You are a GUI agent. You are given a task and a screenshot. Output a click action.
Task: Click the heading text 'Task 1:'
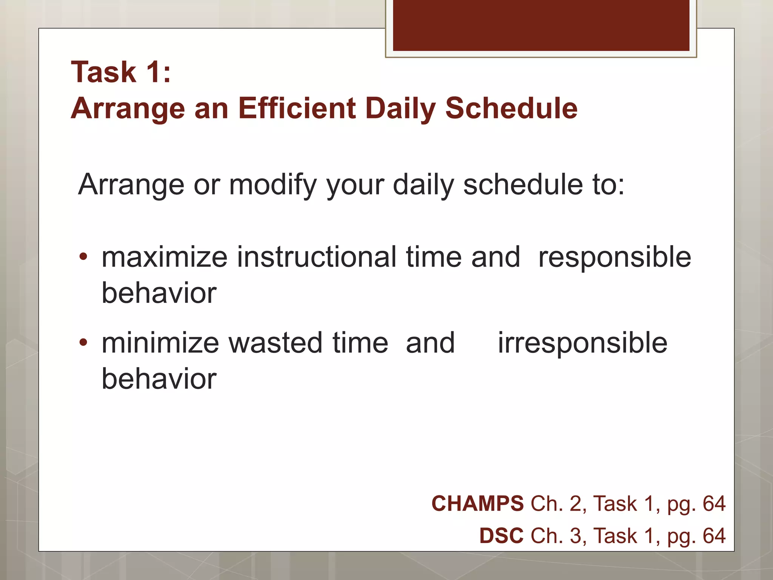click(121, 72)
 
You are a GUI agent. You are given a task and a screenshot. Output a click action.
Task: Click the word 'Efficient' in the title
click(297, 108)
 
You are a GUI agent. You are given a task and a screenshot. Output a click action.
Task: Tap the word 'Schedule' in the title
click(511, 108)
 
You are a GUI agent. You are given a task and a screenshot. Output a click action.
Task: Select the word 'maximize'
click(165, 258)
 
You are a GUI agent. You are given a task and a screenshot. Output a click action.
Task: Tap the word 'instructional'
click(316, 258)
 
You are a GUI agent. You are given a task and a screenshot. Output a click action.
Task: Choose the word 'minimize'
click(160, 343)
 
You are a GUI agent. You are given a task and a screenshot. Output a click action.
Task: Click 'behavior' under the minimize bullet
click(159, 379)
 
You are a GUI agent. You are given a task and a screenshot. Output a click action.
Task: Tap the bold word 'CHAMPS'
click(477, 504)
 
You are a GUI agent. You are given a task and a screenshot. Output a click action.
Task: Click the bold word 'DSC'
click(501, 536)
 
